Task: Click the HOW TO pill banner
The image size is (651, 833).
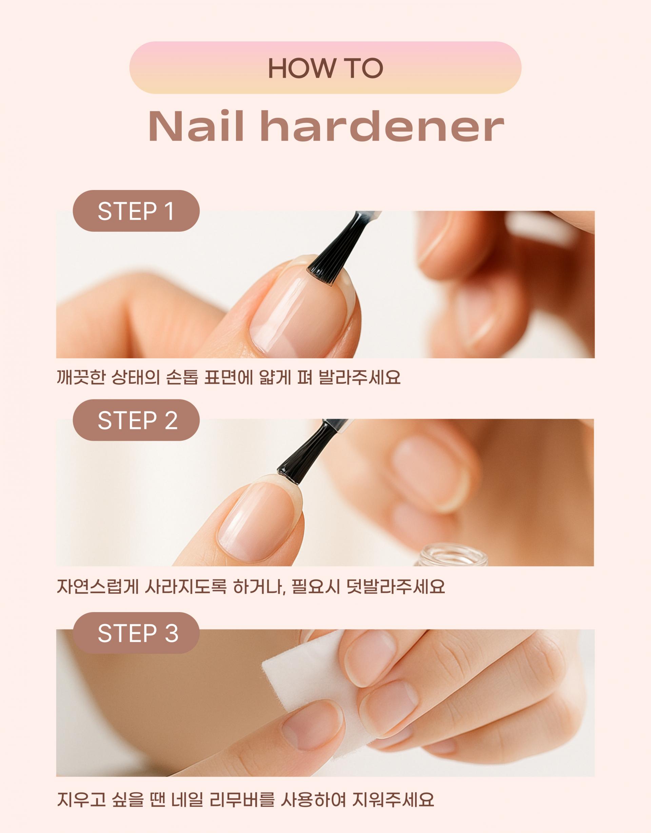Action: point(325,68)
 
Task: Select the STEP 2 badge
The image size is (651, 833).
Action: point(136,420)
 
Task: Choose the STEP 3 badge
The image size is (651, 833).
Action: point(136,632)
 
